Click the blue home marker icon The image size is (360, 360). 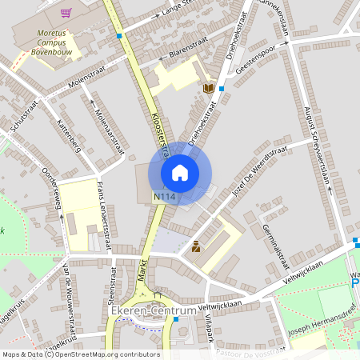180,173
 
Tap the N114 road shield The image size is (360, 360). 165,196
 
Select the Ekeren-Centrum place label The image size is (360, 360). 154,310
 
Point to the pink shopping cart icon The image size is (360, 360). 66,12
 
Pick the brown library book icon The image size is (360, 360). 209,88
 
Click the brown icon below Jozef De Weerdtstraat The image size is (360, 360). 195,247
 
